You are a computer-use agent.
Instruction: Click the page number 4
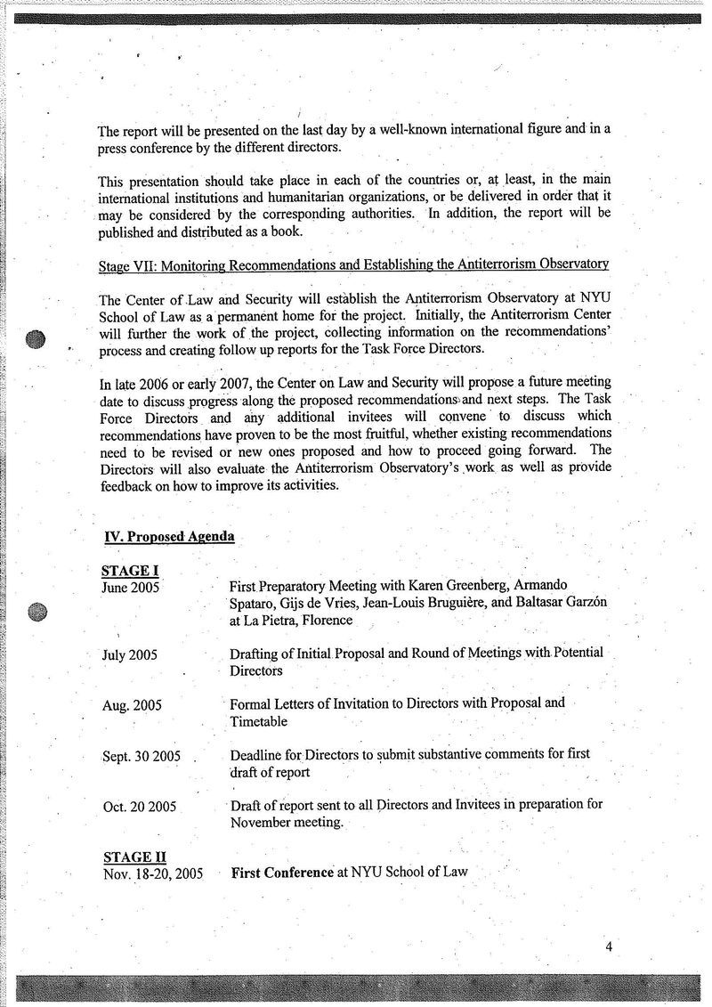(609, 946)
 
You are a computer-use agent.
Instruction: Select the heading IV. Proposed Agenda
(170, 537)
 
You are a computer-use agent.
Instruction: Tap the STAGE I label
(130, 572)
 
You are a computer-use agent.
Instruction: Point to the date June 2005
(131, 588)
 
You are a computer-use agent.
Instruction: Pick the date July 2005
(130, 654)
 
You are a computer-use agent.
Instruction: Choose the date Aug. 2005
(132, 705)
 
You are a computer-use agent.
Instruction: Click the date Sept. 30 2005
(142, 756)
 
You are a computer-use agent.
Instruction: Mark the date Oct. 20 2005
(140, 807)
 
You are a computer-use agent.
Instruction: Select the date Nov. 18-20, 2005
(153, 873)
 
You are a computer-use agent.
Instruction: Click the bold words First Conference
(282, 873)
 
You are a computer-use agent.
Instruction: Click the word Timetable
(259, 721)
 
